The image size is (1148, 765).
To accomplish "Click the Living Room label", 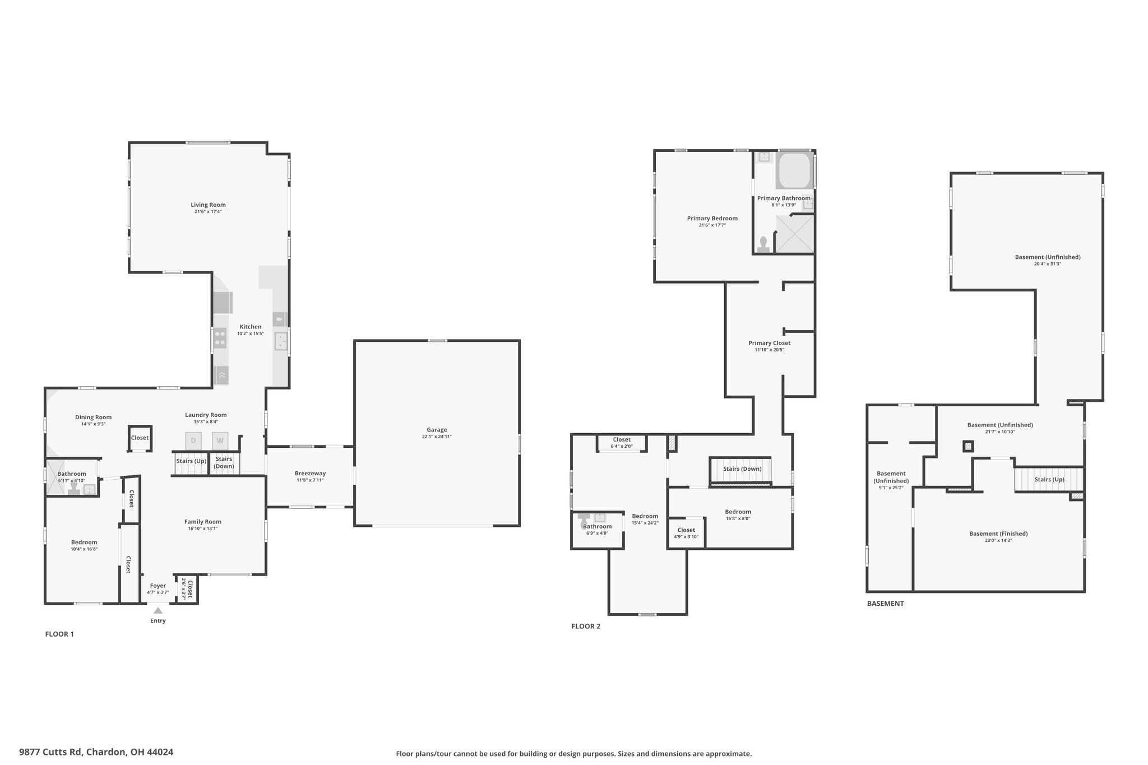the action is click(x=208, y=205).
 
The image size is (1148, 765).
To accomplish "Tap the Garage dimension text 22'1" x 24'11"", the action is click(x=437, y=437).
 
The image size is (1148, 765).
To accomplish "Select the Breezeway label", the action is click(x=310, y=474).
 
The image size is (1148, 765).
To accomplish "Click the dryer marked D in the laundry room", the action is click(x=193, y=441).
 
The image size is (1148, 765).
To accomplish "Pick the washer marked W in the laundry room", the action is click(x=220, y=441).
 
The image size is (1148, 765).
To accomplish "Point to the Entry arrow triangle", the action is click(x=158, y=611).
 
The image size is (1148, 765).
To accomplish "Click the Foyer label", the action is click(x=158, y=586).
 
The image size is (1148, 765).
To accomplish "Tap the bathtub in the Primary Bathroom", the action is click(x=794, y=170).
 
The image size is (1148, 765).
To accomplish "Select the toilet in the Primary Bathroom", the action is click(x=763, y=244).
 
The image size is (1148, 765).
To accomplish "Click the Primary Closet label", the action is click(x=770, y=343).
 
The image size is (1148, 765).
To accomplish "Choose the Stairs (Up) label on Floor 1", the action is click(x=192, y=461).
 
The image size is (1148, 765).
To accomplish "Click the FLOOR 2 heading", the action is click(x=586, y=626).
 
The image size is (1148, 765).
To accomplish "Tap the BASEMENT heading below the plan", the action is click(x=886, y=604).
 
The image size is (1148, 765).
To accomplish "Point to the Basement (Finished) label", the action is click(x=998, y=534).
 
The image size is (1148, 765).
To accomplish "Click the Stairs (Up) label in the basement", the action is click(x=1049, y=480).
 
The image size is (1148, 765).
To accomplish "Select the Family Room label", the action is click(x=203, y=522).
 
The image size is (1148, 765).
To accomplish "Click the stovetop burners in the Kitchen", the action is click(x=220, y=339).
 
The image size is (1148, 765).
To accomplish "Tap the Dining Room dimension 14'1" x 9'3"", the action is click(x=93, y=424).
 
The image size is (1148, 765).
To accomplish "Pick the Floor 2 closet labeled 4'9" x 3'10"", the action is click(x=686, y=533).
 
